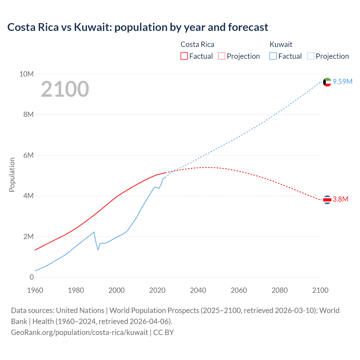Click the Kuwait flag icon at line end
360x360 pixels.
327,82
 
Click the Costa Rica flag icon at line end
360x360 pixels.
327,200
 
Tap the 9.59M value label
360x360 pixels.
343,82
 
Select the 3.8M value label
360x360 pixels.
341,199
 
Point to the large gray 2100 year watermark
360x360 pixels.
65,89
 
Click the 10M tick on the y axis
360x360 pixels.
26,74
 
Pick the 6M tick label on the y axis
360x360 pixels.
28,155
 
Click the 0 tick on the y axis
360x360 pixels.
31,277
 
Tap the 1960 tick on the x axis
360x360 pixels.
35,290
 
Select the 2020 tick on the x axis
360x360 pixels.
157,290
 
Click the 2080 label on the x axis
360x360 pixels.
279,290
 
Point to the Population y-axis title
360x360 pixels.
12,175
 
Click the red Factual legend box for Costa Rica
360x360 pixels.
184,56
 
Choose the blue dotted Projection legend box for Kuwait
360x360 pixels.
310,56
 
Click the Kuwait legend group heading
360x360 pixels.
281,44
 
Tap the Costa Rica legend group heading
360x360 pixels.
197,44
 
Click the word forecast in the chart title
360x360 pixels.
248,27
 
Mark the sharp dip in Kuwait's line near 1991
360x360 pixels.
98,249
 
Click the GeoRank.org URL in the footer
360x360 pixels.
80,332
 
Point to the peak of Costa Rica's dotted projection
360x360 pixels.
208,167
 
